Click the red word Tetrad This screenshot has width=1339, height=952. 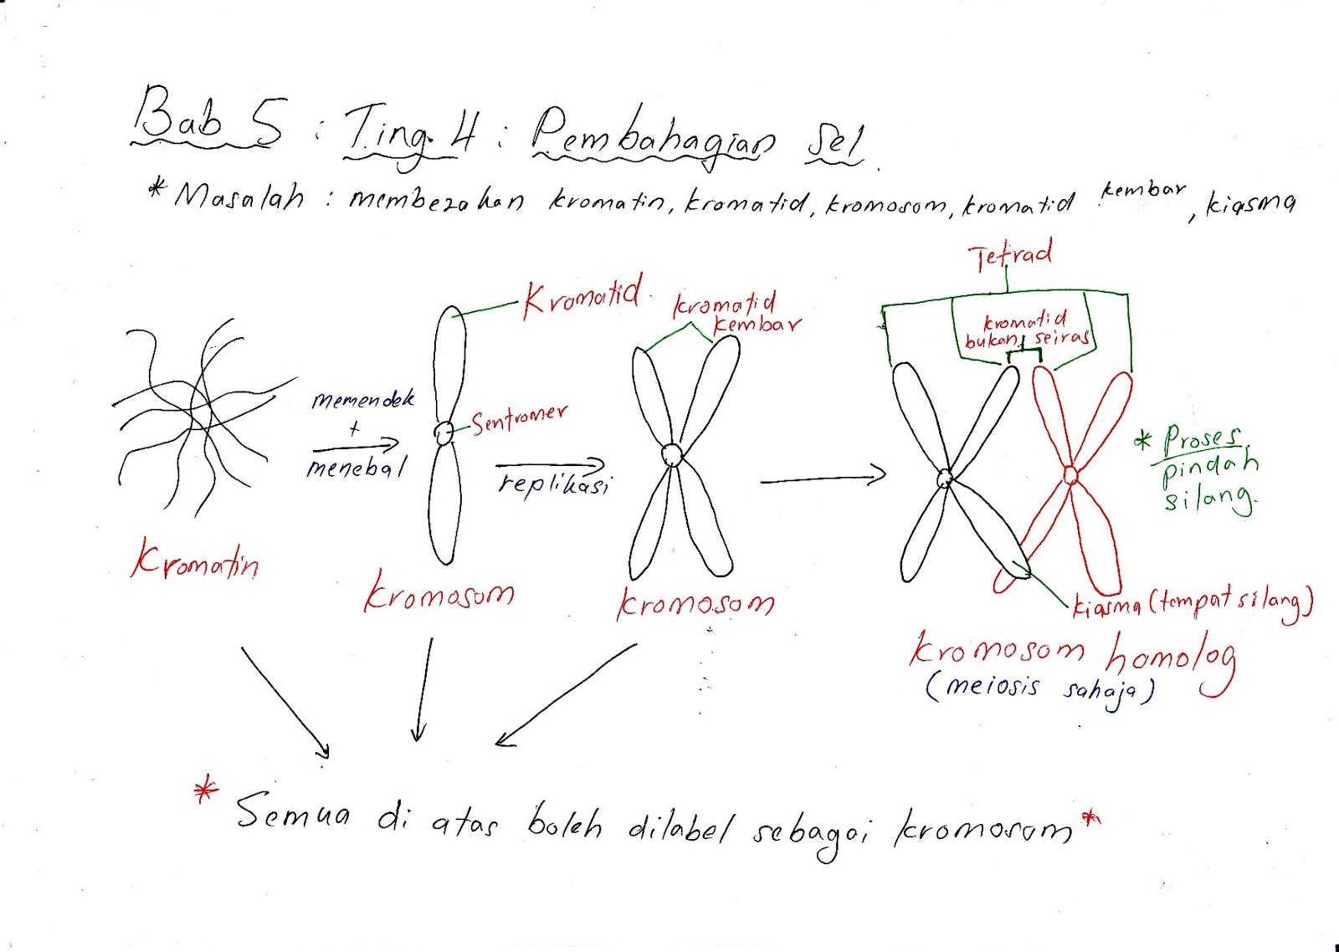(x=1010, y=255)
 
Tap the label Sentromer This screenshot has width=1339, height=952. (x=519, y=418)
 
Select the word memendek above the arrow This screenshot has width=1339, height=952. (x=363, y=400)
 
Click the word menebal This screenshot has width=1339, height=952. (x=357, y=467)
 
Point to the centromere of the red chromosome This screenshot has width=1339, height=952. (x=1070, y=475)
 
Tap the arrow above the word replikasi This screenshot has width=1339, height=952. (x=550, y=464)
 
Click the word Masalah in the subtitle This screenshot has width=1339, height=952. (x=239, y=197)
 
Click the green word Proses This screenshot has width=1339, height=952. (x=1202, y=438)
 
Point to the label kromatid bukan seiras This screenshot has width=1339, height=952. (x=1026, y=330)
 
